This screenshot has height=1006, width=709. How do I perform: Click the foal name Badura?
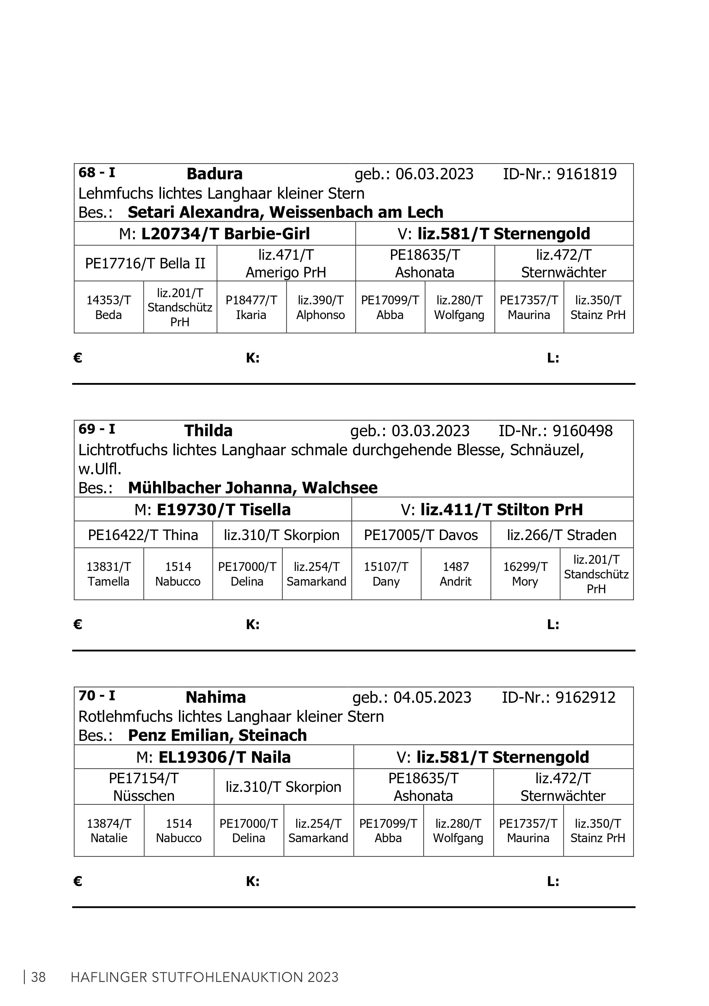pyautogui.click(x=214, y=174)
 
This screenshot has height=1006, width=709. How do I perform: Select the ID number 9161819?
pyautogui.click(x=586, y=174)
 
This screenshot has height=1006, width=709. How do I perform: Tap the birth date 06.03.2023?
pyautogui.click(x=434, y=174)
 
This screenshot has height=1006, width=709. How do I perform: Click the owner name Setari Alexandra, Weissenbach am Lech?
pyautogui.click(x=285, y=212)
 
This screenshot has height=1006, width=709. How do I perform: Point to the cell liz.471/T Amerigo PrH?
pyautogui.click(x=286, y=263)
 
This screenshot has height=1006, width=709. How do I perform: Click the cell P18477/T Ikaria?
pyautogui.click(x=251, y=307)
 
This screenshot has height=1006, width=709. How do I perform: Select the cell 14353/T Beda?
pyautogui.click(x=108, y=307)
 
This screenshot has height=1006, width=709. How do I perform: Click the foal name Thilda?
pyautogui.click(x=208, y=431)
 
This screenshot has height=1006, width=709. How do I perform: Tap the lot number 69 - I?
pyautogui.click(x=97, y=429)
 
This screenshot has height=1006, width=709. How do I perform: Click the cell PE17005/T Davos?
pyautogui.click(x=421, y=535)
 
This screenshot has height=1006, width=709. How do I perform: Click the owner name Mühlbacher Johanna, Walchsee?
pyautogui.click(x=252, y=488)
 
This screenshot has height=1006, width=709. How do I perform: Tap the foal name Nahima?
pyautogui.click(x=216, y=697)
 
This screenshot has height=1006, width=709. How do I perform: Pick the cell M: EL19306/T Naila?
pyautogui.click(x=213, y=757)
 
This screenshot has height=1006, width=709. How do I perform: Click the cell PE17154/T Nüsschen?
pyautogui.click(x=144, y=787)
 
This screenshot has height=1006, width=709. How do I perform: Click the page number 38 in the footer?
pyautogui.click(x=38, y=977)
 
